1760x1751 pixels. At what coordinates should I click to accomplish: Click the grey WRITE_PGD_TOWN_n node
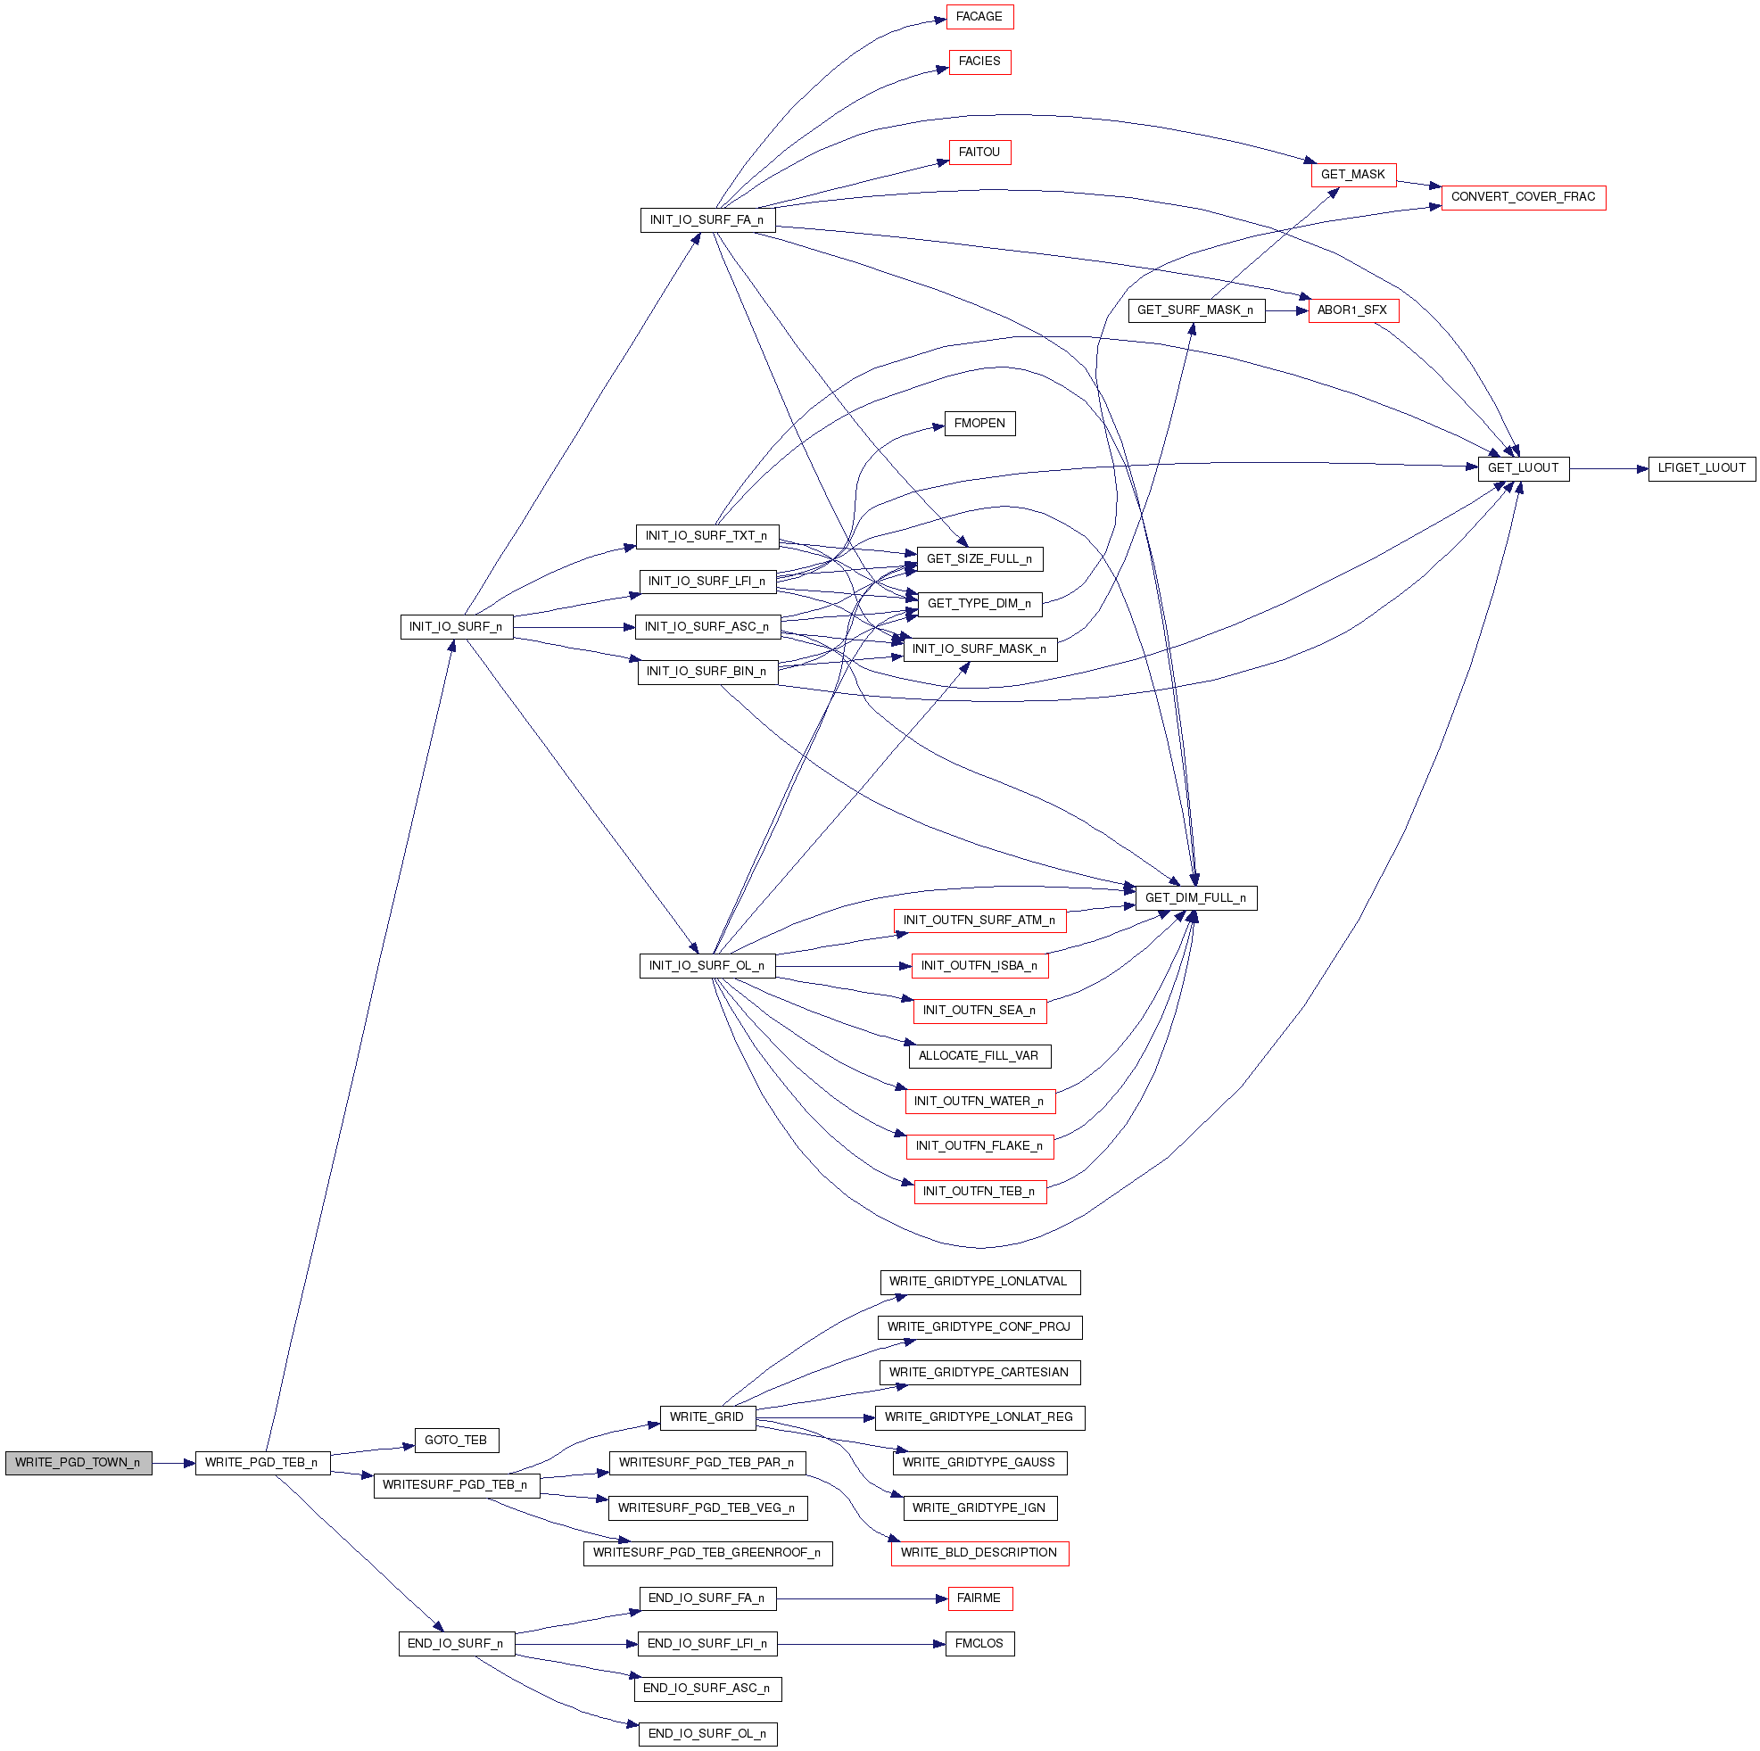(x=78, y=1463)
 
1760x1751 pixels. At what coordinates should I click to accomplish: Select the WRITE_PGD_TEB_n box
(x=262, y=1463)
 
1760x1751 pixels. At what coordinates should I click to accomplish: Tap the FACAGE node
(x=979, y=17)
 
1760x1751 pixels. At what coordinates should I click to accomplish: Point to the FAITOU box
(x=979, y=153)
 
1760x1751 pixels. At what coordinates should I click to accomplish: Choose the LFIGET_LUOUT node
(x=1701, y=468)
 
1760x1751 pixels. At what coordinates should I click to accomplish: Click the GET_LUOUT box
(x=1523, y=468)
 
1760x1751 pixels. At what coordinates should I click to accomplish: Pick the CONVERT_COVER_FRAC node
(x=1523, y=197)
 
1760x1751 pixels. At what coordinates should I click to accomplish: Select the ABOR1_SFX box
(x=1353, y=310)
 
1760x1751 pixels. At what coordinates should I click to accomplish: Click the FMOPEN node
(x=979, y=424)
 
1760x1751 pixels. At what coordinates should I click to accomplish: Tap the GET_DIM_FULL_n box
(x=1195, y=898)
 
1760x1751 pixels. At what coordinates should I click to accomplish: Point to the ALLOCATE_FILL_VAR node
(x=979, y=1056)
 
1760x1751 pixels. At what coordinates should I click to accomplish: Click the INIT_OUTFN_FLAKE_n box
(x=979, y=1146)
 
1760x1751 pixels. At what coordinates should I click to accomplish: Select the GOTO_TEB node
(x=457, y=1441)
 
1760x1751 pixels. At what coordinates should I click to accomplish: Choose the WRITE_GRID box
(x=706, y=1417)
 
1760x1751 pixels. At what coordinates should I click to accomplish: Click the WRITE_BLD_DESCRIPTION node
(x=979, y=1553)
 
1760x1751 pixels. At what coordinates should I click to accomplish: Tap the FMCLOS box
(x=979, y=1645)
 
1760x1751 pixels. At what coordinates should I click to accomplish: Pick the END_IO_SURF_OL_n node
(x=706, y=1735)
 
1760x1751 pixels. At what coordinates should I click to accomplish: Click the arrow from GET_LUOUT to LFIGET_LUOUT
(x=1608, y=469)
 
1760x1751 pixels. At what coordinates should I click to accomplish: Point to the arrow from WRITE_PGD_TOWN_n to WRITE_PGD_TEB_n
(x=174, y=1464)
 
